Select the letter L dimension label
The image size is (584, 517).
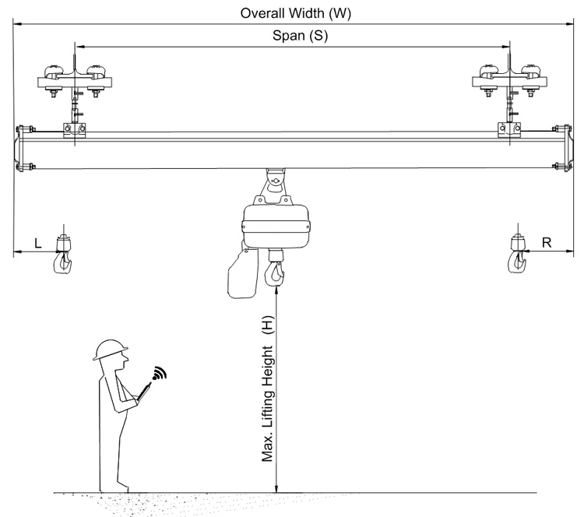(37, 243)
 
